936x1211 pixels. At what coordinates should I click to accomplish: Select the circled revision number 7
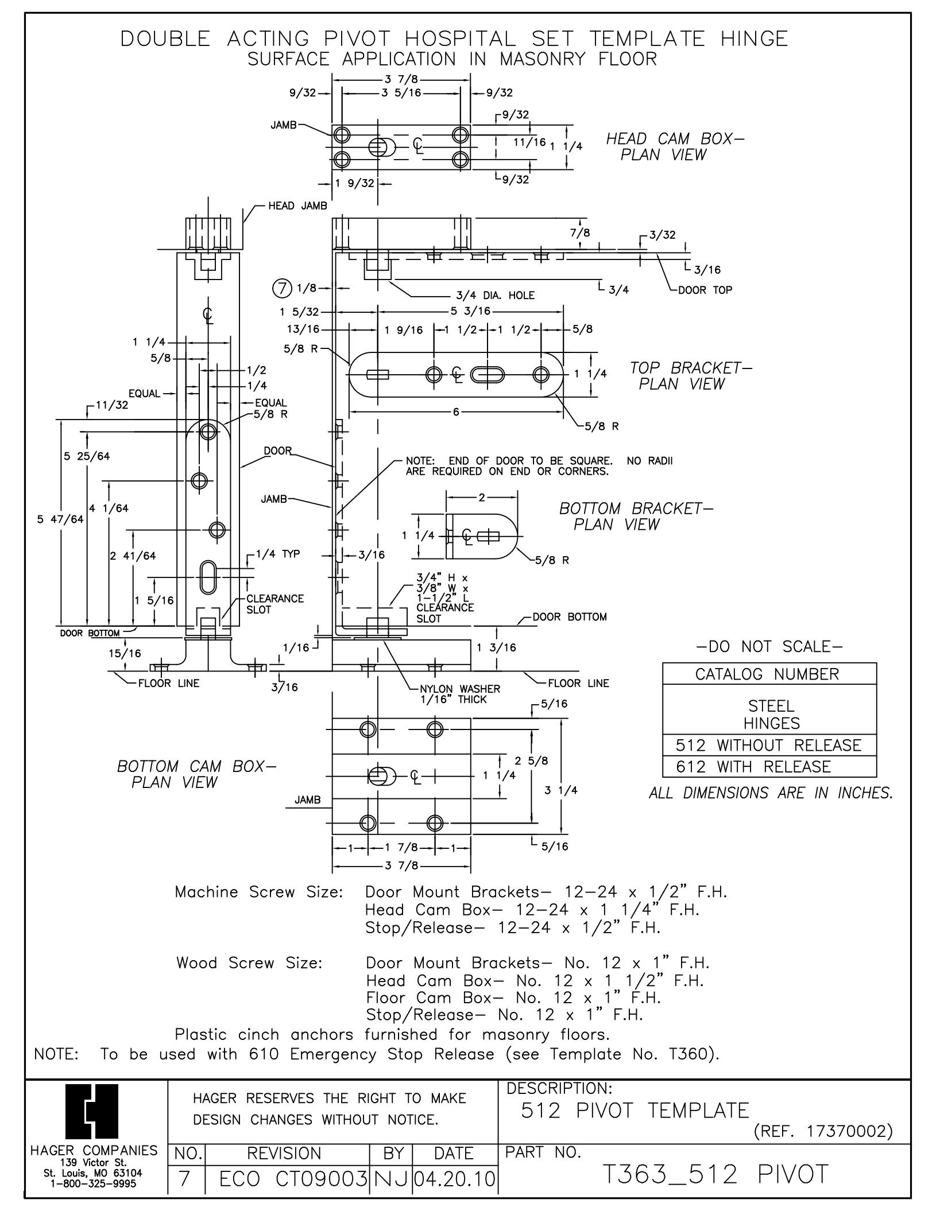(x=283, y=289)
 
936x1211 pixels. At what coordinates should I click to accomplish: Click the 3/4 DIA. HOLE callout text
(x=495, y=295)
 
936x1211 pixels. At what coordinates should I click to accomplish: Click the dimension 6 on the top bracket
(x=456, y=412)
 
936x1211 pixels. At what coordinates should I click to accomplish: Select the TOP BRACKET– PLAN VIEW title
(x=691, y=375)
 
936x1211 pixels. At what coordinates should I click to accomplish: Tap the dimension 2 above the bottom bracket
(x=482, y=497)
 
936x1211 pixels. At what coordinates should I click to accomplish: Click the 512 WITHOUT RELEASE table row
(x=769, y=745)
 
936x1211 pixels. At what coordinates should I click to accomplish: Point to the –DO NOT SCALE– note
(x=769, y=647)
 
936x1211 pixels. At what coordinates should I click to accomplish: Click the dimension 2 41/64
(x=133, y=556)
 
